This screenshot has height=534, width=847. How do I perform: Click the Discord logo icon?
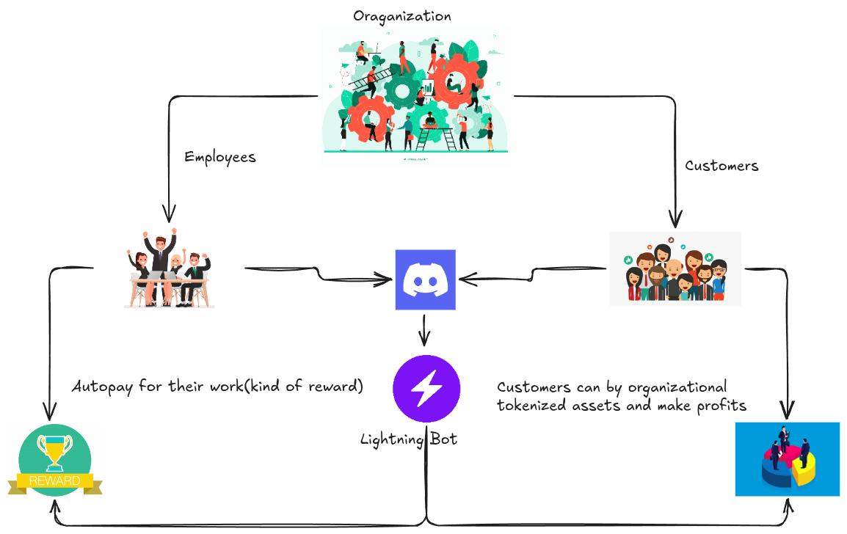[425, 279]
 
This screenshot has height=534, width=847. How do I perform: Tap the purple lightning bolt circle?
[426, 389]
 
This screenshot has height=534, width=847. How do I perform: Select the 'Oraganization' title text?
[401, 15]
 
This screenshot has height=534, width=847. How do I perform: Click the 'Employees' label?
[219, 157]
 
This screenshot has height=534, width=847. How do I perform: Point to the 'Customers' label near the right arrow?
[721, 166]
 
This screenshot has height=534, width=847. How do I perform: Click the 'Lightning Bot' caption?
[408, 439]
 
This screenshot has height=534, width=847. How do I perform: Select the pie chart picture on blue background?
[787, 459]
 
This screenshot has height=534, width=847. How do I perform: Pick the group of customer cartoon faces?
[675, 268]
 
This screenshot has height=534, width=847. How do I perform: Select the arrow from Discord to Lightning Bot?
[424, 329]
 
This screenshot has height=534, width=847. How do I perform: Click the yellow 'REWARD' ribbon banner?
[55, 481]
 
